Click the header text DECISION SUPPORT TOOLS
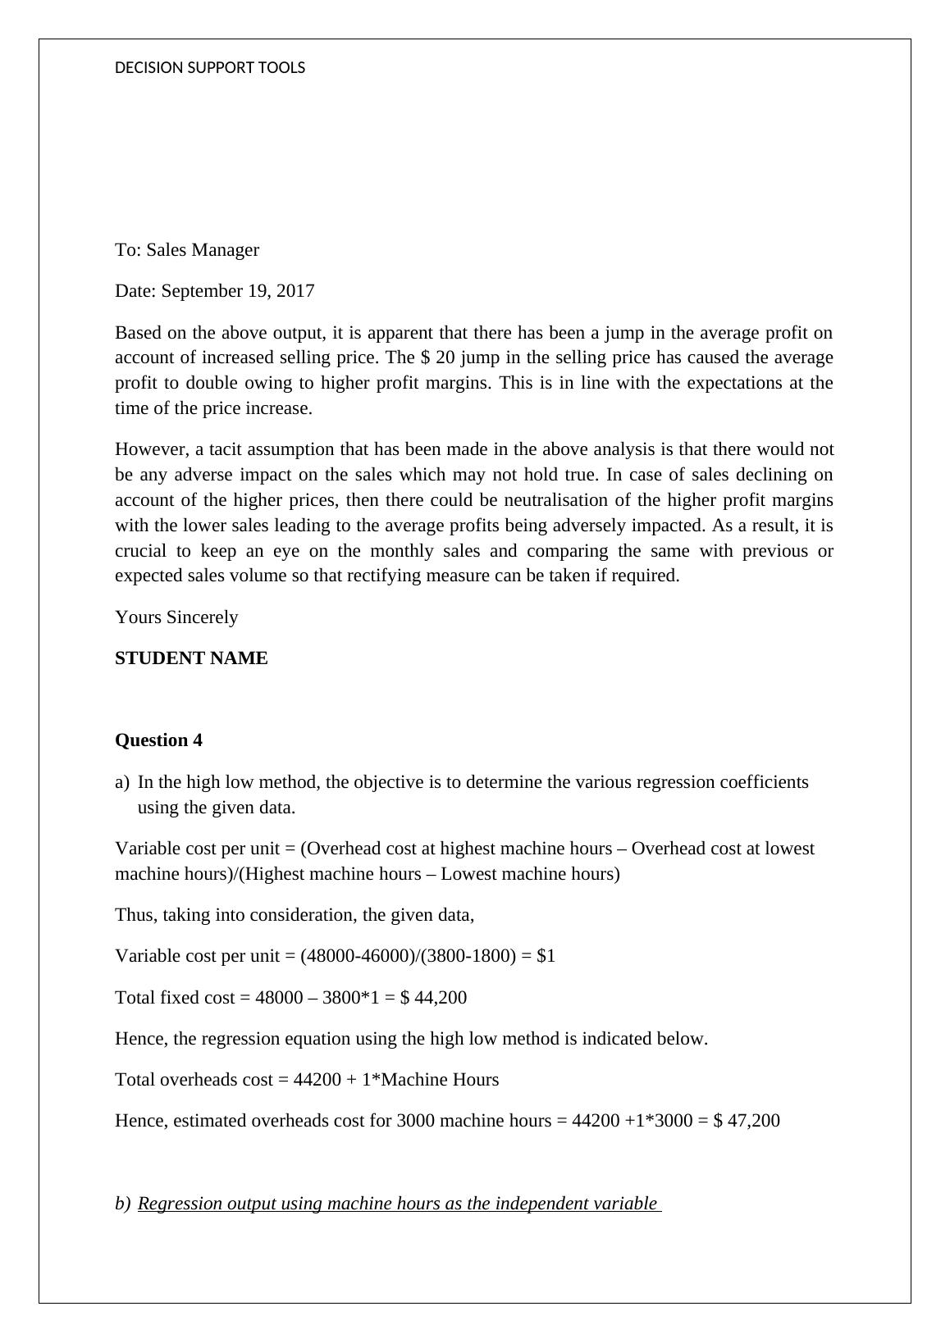click(210, 68)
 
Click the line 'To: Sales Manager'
click(187, 250)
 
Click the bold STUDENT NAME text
click(191, 658)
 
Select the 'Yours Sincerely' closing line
click(176, 617)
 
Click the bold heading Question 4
click(158, 740)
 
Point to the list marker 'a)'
click(122, 782)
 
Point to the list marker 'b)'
click(122, 1204)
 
